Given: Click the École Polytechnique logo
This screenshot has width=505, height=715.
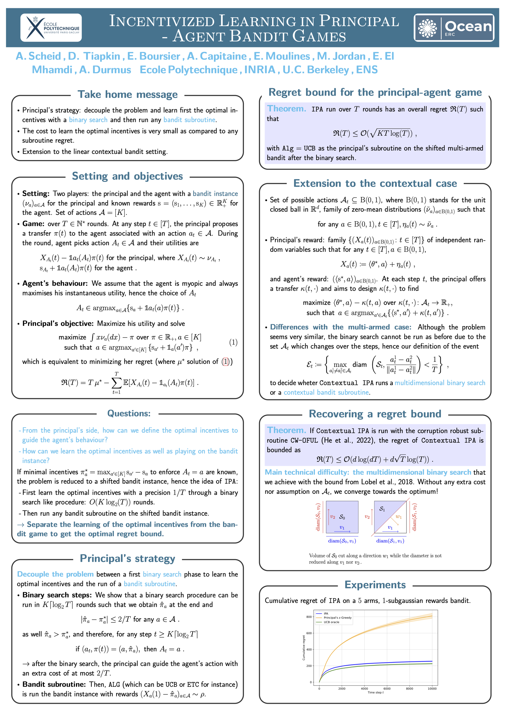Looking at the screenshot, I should [x=51, y=28].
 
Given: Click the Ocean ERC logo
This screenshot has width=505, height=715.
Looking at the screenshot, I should [x=454, y=28].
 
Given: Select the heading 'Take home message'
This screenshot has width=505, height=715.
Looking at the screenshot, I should [x=128, y=94].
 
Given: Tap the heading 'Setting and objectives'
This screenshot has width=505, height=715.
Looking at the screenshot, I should [x=127, y=176].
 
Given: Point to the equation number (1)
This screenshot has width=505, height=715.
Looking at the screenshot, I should [x=233, y=342].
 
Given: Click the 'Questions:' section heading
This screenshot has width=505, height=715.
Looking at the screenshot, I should [x=129, y=413].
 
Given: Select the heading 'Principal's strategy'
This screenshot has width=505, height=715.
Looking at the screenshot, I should [x=127, y=558].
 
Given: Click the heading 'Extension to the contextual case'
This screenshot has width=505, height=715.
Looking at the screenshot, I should [x=375, y=183].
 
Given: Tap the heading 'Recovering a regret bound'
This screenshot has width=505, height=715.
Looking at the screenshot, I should [x=375, y=414].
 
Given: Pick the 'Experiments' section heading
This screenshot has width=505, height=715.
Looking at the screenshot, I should [x=375, y=585].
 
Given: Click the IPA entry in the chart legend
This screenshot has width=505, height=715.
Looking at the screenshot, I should [x=326, y=613].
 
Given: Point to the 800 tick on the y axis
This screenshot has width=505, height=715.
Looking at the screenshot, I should [x=309, y=617].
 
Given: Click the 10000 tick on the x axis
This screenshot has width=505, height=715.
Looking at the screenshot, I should [x=432, y=688].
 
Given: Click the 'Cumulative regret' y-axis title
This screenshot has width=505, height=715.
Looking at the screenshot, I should [x=304, y=648].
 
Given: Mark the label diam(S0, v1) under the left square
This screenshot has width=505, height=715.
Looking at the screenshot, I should [x=342, y=541].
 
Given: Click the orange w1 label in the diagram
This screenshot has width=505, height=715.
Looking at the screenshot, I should [x=398, y=517].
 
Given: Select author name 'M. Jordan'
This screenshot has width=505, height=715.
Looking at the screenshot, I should [x=341, y=56].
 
